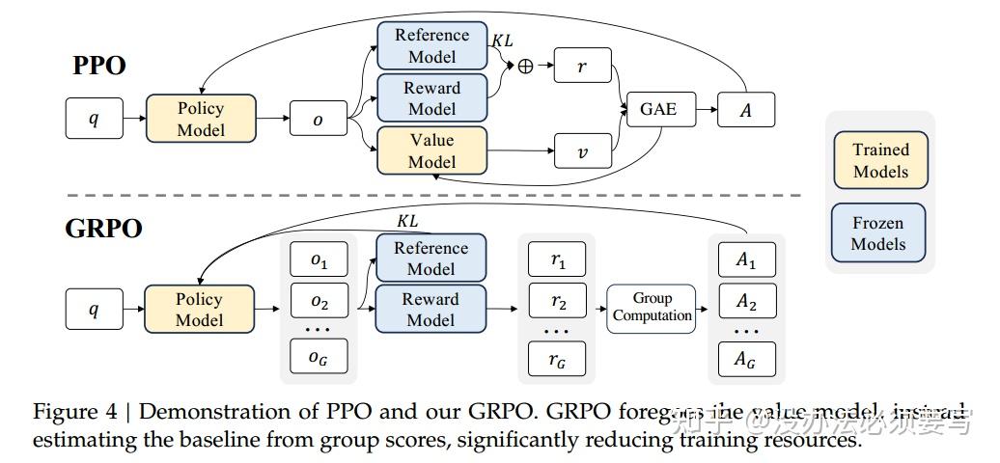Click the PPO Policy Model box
201,119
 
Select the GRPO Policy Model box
200,310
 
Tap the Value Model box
431,150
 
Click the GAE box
658,109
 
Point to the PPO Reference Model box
431,45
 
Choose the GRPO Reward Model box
431,309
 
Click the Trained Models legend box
879,160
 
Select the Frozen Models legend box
877,233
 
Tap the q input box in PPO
93,120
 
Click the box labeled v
583,151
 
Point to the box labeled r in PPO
583,67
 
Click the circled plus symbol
525,67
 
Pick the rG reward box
557,360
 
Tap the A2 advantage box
746,302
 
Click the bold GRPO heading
103,229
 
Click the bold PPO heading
99,67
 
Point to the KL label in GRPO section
407,221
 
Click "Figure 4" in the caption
78,412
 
